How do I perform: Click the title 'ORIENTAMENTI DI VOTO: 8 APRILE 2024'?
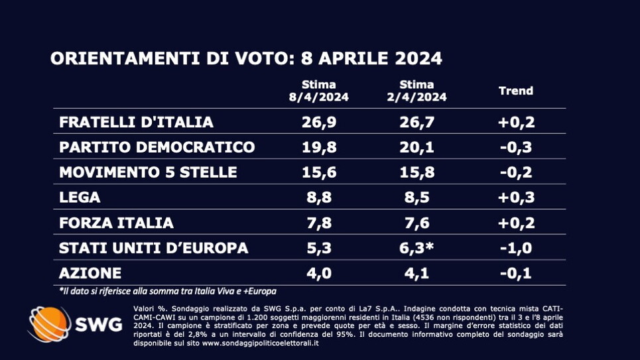tap(246, 58)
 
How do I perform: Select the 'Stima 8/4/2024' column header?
tap(318, 91)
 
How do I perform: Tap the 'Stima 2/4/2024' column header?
tap(417, 91)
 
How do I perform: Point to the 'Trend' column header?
tap(515, 91)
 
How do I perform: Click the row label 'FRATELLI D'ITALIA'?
tap(136, 122)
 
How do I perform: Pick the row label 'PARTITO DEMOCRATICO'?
tap(157, 147)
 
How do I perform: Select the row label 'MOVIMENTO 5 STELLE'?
tap(148, 172)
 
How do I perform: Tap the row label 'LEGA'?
tap(80, 198)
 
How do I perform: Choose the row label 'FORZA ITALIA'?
tap(116, 223)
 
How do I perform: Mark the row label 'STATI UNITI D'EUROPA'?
tap(153, 248)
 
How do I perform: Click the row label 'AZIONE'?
tap(90, 273)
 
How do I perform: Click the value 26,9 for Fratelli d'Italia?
tap(318, 122)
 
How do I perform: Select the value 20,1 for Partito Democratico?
tap(417, 147)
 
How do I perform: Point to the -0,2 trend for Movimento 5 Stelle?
tap(516, 172)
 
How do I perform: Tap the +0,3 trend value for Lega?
tap(516, 198)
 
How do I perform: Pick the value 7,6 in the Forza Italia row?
tap(417, 223)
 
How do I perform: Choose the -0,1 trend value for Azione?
tap(516, 273)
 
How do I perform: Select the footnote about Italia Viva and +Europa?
tap(166, 291)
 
